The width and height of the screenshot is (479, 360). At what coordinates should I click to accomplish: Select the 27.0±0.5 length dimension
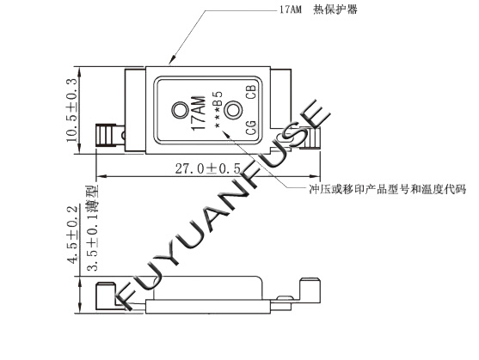tap(208, 168)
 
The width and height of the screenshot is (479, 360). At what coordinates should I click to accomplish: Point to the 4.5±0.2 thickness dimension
tap(73, 235)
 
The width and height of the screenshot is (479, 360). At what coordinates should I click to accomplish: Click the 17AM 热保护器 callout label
tap(318, 9)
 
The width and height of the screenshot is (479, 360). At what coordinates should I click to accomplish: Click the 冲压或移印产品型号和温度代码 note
tap(388, 190)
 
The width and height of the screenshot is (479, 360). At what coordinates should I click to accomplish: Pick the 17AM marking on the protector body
tap(199, 113)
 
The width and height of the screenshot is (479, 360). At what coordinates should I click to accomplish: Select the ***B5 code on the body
tap(218, 109)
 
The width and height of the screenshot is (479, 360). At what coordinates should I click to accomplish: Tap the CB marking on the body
tap(251, 92)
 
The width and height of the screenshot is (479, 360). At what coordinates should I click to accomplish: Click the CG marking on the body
tap(251, 128)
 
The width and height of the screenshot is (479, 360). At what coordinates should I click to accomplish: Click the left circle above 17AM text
tap(181, 110)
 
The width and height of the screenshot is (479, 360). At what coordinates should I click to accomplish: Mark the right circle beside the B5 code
tap(233, 109)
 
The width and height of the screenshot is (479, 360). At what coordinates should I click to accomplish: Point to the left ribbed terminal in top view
tap(106, 135)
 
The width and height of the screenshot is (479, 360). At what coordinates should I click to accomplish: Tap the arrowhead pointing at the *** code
tap(226, 134)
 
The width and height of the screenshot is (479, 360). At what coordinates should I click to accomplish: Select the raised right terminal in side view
tap(310, 290)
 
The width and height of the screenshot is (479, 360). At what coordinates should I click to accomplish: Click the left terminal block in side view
tap(106, 296)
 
